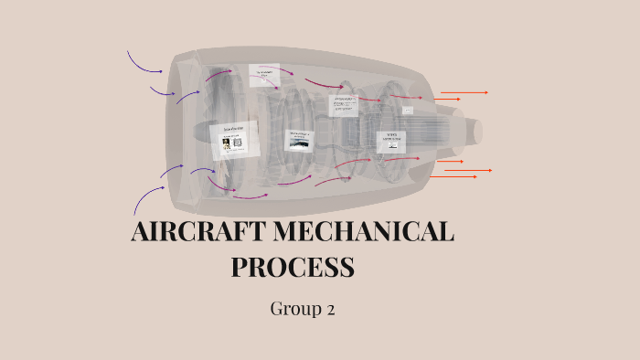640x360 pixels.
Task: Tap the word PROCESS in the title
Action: (x=292, y=268)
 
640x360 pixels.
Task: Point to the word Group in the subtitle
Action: (x=292, y=309)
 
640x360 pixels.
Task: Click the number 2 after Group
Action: (x=330, y=310)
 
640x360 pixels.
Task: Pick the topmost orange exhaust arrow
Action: (x=464, y=92)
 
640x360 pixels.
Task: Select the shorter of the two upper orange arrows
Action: (x=447, y=99)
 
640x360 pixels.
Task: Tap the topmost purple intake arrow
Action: (x=144, y=63)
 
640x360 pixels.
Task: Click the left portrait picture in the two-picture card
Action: (x=225, y=143)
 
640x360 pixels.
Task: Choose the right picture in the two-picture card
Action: (x=238, y=143)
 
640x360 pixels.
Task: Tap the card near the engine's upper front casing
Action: (x=263, y=77)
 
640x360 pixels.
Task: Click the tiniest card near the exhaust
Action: (x=408, y=110)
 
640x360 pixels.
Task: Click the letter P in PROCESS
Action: (x=240, y=268)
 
